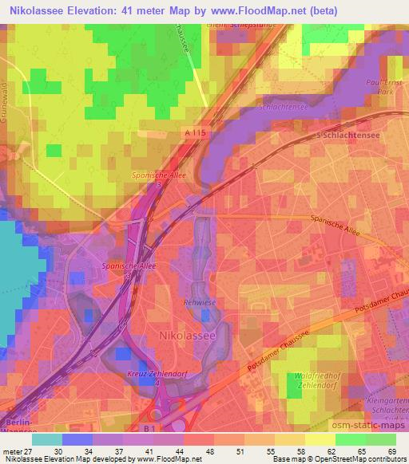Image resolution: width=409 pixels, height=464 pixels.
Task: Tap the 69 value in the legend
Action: pos(391,452)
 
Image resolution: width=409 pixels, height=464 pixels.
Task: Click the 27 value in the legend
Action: pos(31,452)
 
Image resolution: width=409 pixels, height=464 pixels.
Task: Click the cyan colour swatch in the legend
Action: pos(47,439)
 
